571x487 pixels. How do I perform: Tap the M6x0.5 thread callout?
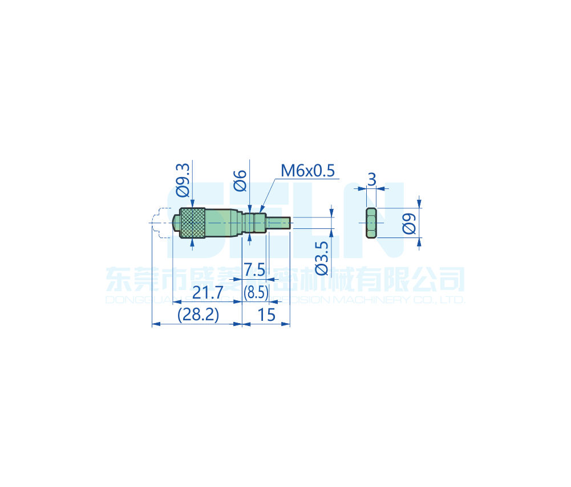pyautogui.click(x=307, y=170)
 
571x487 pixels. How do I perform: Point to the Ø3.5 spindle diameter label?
pyautogui.click(x=322, y=257)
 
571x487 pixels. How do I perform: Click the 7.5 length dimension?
pyautogui.click(x=254, y=269)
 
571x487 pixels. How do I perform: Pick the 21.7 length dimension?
pyautogui.click(x=207, y=293)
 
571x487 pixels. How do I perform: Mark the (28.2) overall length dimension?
pyautogui.click(x=198, y=315)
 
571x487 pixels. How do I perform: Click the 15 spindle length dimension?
pyautogui.click(x=266, y=315)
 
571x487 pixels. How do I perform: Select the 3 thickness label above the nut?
pyautogui.click(x=372, y=180)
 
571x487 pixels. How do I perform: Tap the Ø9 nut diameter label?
pyautogui.click(x=409, y=223)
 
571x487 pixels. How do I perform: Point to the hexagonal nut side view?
pyautogui.click(x=371, y=223)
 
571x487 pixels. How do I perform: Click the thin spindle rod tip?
pyautogui.click(x=280, y=223)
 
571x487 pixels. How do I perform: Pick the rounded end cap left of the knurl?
pyautogui.click(x=176, y=223)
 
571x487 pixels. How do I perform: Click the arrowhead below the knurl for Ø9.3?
pyautogui.click(x=193, y=242)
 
